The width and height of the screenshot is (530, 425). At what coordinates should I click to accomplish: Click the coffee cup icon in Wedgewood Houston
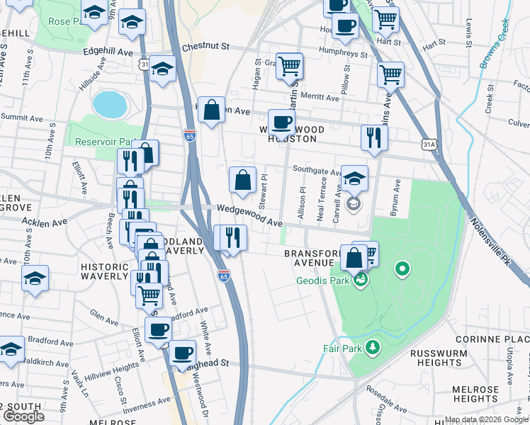tap(281, 122)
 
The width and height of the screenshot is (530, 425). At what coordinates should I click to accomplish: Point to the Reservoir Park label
tap(105, 141)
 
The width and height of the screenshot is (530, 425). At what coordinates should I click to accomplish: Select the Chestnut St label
tap(206, 46)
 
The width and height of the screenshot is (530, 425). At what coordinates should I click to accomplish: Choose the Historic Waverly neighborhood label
tap(103, 271)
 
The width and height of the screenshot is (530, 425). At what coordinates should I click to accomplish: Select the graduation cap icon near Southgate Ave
tap(354, 178)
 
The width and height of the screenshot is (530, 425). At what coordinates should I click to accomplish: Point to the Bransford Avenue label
tap(308, 258)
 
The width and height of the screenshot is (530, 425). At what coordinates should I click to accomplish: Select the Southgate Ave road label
tap(317, 171)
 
